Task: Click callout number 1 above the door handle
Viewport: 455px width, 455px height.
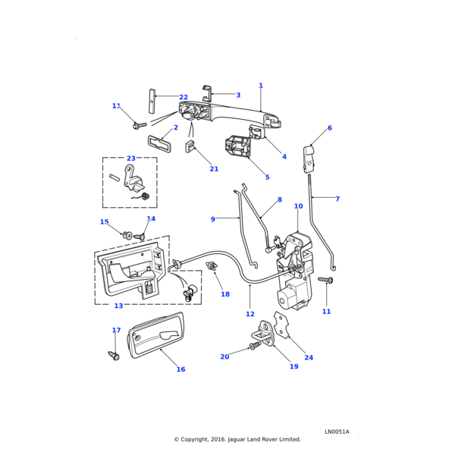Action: (261, 86)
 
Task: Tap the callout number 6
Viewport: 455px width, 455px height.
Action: (330, 128)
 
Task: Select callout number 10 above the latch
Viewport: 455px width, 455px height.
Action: (298, 206)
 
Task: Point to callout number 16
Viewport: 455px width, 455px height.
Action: (180, 369)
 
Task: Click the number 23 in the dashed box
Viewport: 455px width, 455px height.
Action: (131, 158)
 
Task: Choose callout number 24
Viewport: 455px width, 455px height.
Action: (309, 357)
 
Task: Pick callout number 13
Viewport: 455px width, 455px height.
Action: (118, 306)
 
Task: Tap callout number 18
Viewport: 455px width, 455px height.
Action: (225, 294)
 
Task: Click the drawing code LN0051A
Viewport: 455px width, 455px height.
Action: (337, 431)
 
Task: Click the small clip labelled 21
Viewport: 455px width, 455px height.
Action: (192, 146)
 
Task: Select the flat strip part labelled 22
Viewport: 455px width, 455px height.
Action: (152, 102)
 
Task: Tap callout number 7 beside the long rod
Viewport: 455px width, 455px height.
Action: (337, 199)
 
